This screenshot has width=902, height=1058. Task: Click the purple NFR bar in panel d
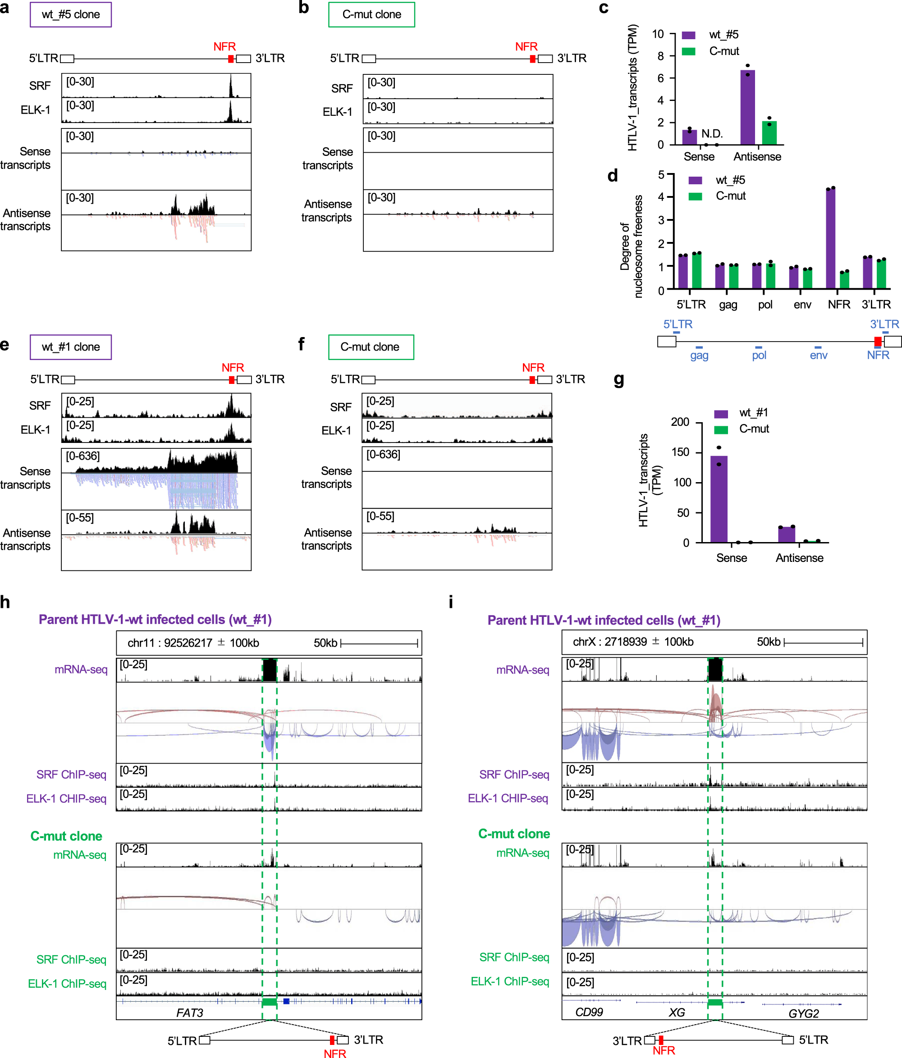(x=830, y=238)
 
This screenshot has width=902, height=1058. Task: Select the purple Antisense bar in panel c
(x=747, y=108)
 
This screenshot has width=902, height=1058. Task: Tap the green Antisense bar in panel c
(x=769, y=133)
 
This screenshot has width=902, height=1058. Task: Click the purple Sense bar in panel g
(x=719, y=499)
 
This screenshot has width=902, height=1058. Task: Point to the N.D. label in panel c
(x=711, y=134)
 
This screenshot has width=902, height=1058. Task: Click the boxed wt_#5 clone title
(x=70, y=14)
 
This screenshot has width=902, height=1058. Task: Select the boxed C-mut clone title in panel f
(x=370, y=347)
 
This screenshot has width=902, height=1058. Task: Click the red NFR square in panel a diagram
(x=231, y=59)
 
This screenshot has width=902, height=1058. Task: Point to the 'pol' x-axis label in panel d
(x=765, y=305)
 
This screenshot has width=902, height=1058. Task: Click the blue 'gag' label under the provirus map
(x=699, y=356)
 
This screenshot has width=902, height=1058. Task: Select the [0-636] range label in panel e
(x=83, y=456)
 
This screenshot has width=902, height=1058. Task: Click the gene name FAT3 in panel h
(x=189, y=1012)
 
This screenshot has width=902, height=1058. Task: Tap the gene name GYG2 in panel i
(x=803, y=1013)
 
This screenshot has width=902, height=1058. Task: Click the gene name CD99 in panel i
(x=589, y=1012)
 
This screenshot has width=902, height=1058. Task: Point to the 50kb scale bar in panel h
(x=379, y=643)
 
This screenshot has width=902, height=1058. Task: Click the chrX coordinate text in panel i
(x=633, y=642)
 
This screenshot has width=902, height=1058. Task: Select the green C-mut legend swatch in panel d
(x=695, y=196)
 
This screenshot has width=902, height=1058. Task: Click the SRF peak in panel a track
(x=230, y=87)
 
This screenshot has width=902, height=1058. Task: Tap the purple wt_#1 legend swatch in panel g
(x=721, y=414)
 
